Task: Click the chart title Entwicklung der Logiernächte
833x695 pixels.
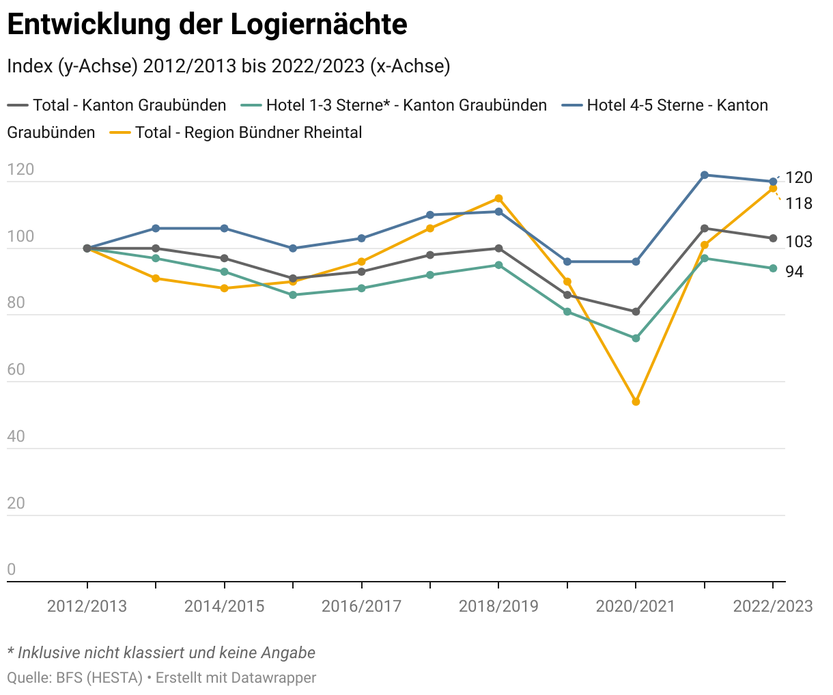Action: click(207, 25)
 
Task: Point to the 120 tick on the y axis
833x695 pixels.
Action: click(20, 169)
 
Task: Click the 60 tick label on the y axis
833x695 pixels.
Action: click(16, 370)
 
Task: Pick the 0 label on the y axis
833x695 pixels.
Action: click(11, 570)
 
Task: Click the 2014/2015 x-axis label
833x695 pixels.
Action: click(224, 606)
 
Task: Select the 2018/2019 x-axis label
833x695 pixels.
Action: click(498, 606)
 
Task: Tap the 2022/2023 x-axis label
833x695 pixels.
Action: click(773, 606)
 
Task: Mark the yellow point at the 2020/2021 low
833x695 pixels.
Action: click(636, 401)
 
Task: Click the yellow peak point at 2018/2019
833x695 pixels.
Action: click(498, 199)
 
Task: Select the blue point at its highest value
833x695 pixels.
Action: click(704, 175)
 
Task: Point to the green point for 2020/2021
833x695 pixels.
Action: click(636, 338)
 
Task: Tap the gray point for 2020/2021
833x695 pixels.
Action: click(636, 312)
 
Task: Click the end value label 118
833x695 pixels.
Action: click(799, 203)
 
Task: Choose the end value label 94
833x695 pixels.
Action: click(794, 272)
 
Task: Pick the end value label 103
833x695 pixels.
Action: click(799, 242)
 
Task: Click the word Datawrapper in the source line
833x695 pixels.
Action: click(273, 678)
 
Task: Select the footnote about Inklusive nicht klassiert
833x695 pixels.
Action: click(161, 653)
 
